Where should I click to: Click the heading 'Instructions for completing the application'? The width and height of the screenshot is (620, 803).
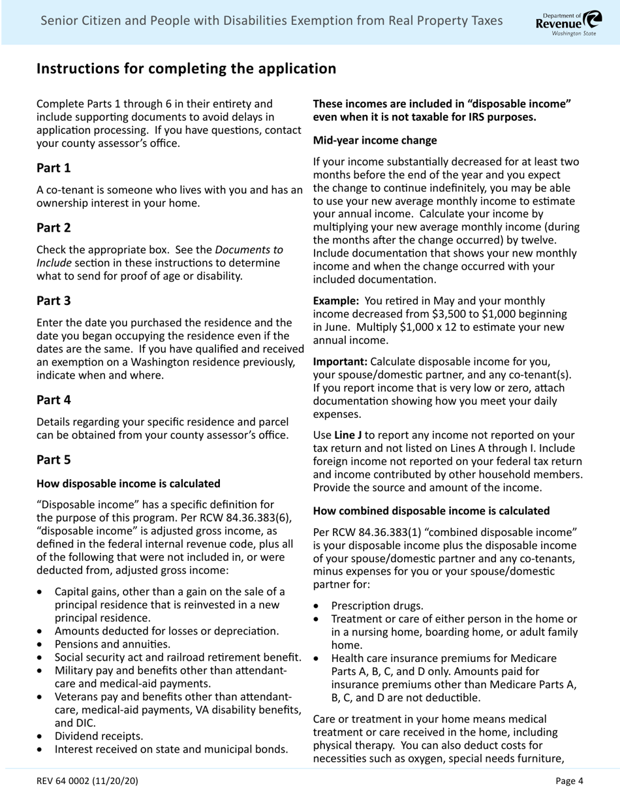[186, 69]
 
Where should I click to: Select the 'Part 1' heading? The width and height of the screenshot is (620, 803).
[54, 168]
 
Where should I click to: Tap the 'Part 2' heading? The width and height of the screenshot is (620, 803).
[54, 228]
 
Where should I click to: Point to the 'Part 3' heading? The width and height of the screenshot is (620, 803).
[54, 301]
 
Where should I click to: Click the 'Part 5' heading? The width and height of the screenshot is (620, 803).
[54, 460]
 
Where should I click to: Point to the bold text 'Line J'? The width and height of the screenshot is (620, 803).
[347, 435]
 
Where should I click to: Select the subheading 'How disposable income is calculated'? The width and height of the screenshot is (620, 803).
[128, 484]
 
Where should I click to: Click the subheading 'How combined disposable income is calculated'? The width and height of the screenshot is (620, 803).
[431, 511]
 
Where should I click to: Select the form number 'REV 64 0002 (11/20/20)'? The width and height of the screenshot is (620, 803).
[87, 780]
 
